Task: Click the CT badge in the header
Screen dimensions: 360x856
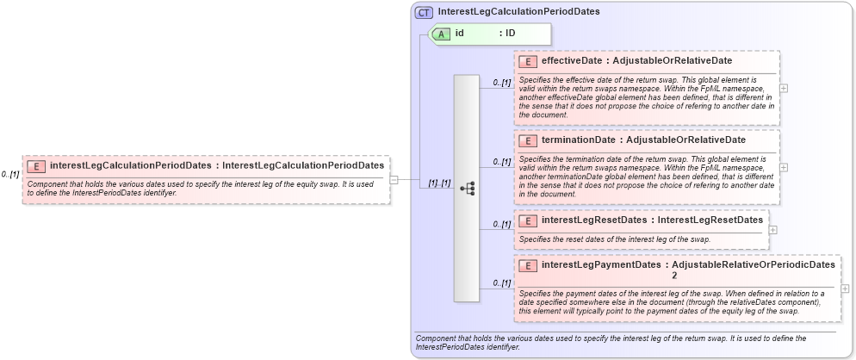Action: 425,12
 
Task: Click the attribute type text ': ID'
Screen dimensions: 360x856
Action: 507,34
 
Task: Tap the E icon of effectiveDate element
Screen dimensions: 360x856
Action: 529,61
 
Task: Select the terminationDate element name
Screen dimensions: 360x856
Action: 578,140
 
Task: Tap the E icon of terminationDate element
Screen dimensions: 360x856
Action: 529,140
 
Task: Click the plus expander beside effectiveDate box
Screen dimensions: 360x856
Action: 783,88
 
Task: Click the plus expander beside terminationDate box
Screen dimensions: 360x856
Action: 783,167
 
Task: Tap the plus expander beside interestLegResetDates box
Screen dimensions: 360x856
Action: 772,230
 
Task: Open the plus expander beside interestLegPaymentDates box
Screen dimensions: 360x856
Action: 845,289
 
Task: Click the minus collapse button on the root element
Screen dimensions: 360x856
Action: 394,180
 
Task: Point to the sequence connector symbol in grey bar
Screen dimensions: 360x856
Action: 467,188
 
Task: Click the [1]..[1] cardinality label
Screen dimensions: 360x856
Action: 439,183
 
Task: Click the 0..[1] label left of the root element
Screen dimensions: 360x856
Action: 10,175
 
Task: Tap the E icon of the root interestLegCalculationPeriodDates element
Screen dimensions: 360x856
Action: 37,165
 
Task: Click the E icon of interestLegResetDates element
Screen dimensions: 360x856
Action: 529,220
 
